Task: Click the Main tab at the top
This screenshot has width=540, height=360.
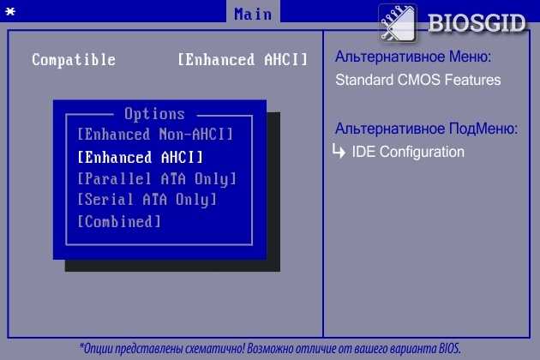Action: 253,14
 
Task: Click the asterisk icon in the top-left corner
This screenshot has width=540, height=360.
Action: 10,12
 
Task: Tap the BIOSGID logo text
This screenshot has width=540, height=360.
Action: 477,23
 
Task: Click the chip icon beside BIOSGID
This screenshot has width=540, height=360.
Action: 398,23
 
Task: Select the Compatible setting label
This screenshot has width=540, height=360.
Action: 74,60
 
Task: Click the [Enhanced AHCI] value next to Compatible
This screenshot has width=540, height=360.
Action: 243,60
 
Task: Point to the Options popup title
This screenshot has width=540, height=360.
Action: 154,114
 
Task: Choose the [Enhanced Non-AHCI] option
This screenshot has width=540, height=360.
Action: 155,134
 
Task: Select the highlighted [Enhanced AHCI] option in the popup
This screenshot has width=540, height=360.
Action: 141,158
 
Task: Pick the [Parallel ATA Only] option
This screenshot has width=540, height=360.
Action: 157,179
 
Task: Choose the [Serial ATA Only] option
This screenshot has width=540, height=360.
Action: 147,200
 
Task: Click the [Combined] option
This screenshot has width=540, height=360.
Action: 119,221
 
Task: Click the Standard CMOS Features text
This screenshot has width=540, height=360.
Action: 418,80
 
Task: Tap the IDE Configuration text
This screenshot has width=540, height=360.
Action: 408,152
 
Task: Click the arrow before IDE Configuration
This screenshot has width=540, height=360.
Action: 339,151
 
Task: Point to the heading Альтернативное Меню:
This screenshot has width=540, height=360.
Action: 413,57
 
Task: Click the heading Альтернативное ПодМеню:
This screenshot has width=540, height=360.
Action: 426,129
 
